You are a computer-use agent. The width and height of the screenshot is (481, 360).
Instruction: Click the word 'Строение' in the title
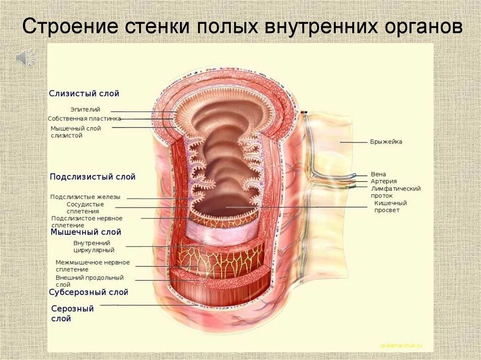(x=70, y=26)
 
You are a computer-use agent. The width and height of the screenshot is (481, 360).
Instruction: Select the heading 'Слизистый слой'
(x=84, y=93)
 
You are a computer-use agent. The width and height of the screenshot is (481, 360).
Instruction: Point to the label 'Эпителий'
(x=85, y=109)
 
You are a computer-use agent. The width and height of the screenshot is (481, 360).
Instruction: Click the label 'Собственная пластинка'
(x=85, y=119)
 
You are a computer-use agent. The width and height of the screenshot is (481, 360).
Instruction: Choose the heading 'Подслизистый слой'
(x=93, y=177)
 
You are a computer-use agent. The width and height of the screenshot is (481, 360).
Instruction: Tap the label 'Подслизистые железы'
(x=85, y=197)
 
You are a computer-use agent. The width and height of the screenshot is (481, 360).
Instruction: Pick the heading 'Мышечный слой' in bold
(x=86, y=232)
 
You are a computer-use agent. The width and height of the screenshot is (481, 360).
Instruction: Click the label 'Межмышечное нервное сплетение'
(x=93, y=266)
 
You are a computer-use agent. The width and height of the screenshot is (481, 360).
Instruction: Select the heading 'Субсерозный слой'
(x=88, y=292)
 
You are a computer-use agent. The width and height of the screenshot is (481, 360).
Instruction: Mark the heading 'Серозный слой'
(x=72, y=314)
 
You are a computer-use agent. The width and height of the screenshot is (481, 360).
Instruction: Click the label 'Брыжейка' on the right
(x=386, y=142)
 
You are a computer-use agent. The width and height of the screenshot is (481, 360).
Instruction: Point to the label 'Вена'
(x=378, y=174)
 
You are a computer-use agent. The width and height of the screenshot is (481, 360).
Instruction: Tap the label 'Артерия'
(x=384, y=181)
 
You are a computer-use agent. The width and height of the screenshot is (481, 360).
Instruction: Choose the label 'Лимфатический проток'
(x=396, y=192)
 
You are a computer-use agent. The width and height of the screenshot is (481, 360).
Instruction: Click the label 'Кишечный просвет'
(x=390, y=207)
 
